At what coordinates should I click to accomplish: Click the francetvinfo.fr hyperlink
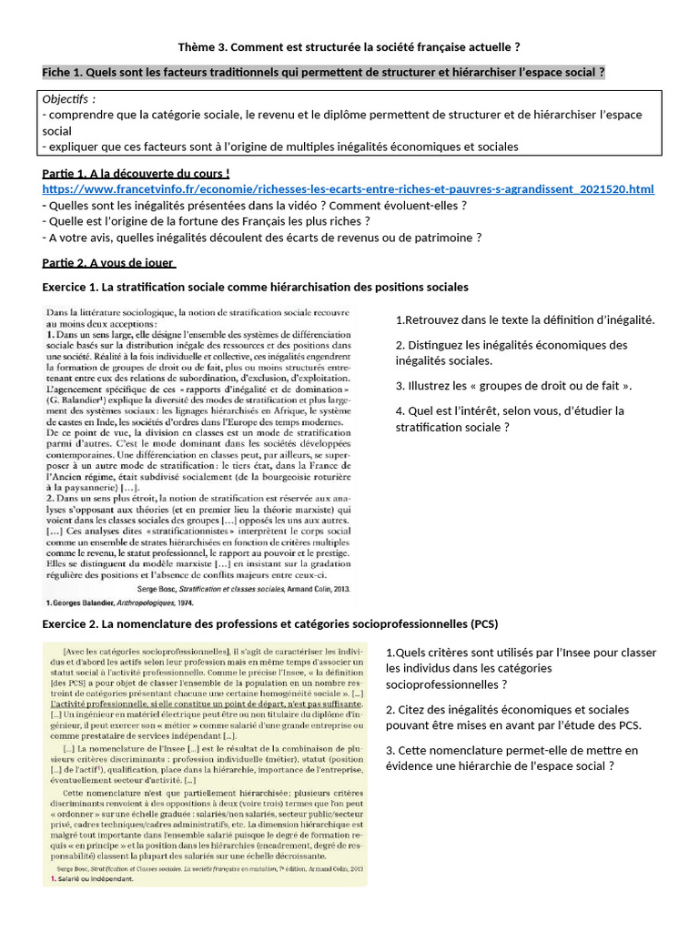click(x=348, y=188)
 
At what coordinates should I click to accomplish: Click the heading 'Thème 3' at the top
click(x=349, y=46)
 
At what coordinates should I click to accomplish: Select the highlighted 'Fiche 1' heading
click(x=323, y=72)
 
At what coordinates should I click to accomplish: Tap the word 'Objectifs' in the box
click(x=69, y=98)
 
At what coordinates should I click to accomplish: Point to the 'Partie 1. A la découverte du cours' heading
click(x=136, y=173)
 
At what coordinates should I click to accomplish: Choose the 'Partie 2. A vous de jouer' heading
click(x=107, y=263)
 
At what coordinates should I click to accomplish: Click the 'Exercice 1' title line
click(x=255, y=287)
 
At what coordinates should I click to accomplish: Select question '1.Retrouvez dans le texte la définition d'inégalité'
click(x=525, y=319)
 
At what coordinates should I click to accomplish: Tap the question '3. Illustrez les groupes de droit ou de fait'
click(x=513, y=386)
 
